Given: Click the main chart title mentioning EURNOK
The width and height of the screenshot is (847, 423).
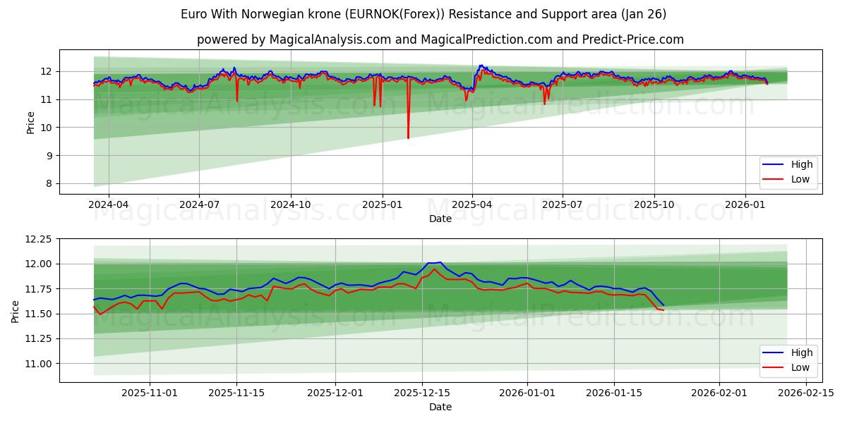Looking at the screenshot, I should coord(423,14).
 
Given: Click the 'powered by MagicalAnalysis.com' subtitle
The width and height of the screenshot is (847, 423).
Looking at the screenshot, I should coord(440,39).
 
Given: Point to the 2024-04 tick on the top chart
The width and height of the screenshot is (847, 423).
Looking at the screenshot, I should coord(108,204).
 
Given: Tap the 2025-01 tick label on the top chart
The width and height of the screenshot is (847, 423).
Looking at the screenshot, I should coord(382,204).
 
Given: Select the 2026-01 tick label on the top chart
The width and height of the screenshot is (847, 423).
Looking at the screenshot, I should coord(745,204).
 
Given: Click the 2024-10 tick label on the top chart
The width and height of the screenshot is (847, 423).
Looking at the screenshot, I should coord(291,204).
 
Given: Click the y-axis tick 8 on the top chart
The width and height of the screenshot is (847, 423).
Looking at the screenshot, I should coord(49,183).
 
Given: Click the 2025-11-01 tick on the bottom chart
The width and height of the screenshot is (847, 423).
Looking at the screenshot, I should coord(150,393).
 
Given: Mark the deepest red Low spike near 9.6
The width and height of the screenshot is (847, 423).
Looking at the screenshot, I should coord(408,137).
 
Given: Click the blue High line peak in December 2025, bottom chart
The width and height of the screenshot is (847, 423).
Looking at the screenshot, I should coord(440,262).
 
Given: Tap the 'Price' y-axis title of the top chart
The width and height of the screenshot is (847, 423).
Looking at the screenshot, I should coord(30,123).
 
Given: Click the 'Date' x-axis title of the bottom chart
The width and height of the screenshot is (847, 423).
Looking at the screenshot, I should coord(440,407).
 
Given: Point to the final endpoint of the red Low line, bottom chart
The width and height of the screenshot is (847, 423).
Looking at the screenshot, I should coord(663,310).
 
